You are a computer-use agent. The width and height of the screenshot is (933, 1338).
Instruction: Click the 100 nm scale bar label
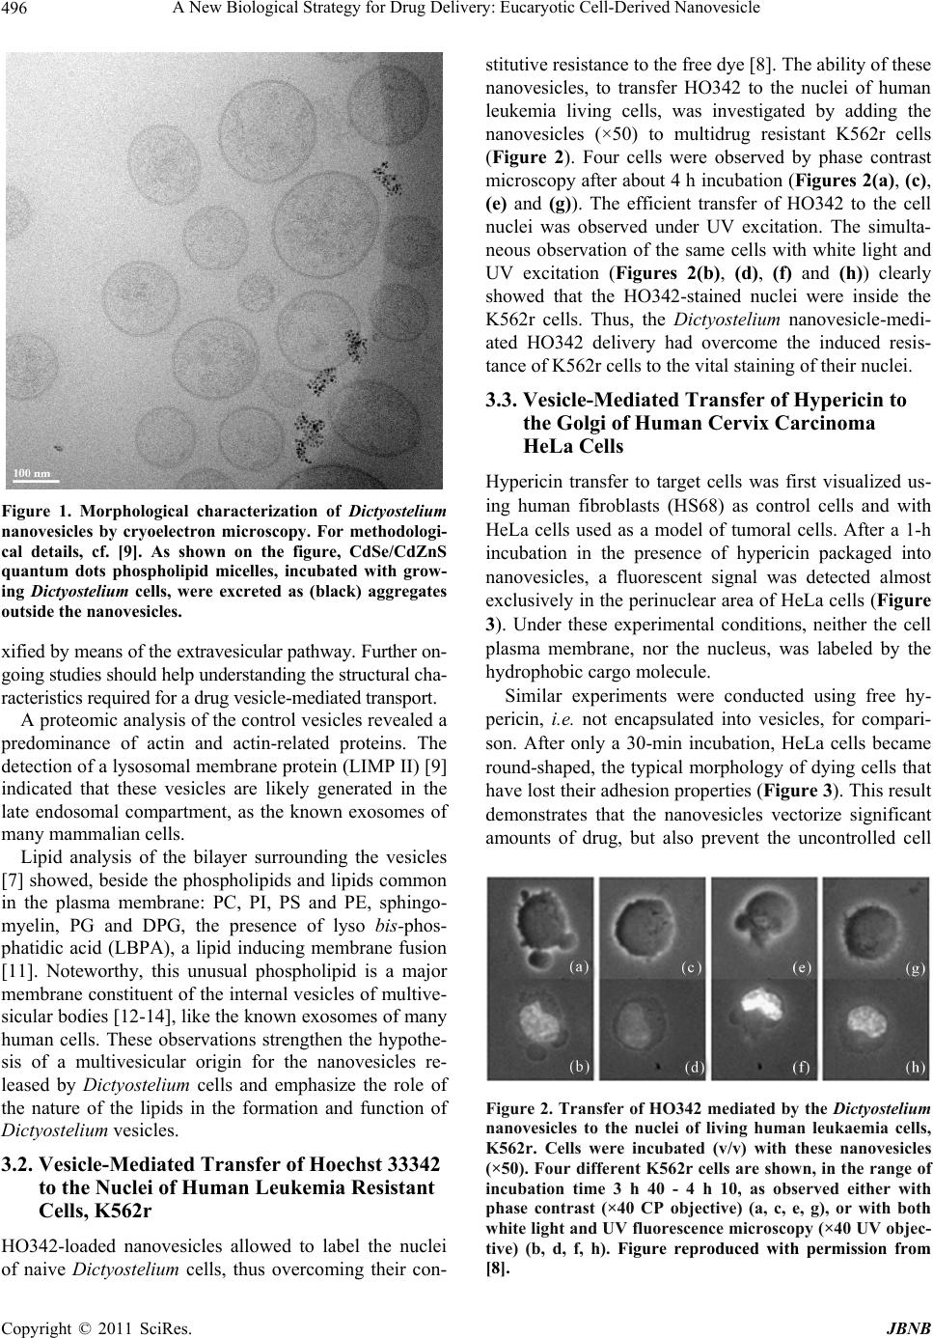(x=32, y=472)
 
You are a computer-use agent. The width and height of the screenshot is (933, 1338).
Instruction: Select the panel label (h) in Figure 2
(x=913, y=1067)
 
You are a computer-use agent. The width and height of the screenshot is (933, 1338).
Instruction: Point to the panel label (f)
(x=800, y=1067)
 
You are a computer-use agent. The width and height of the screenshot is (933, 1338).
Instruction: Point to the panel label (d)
(x=693, y=1067)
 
